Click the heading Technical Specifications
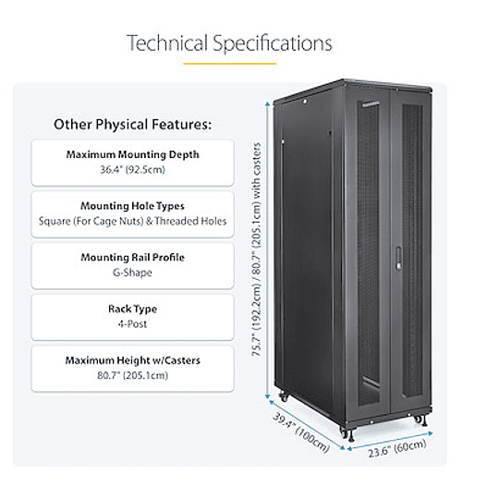pyautogui.click(x=229, y=43)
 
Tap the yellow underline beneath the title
pyautogui.click(x=229, y=63)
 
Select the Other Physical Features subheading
pyautogui.click(x=133, y=124)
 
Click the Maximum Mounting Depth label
pyautogui.click(x=133, y=154)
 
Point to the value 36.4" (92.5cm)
pyautogui.click(x=133, y=170)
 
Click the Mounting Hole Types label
pyautogui.click(x=133, y=206)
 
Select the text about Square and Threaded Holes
pyautogui.click(x=133, y=222)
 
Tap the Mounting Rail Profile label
pyautogui.click(x=133, y=258)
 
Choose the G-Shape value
pyautogui.click(x=133, y=274)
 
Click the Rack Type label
pyautogui.click(x=133, y=310)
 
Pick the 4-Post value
pyautogui.click(x=133, y=325)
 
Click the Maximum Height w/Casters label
pyautogui.click(x=133, y=360)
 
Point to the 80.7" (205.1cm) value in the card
pyautogui.click(x=133, y=376)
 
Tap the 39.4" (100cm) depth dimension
pyautogui.click(x=301, y=429)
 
